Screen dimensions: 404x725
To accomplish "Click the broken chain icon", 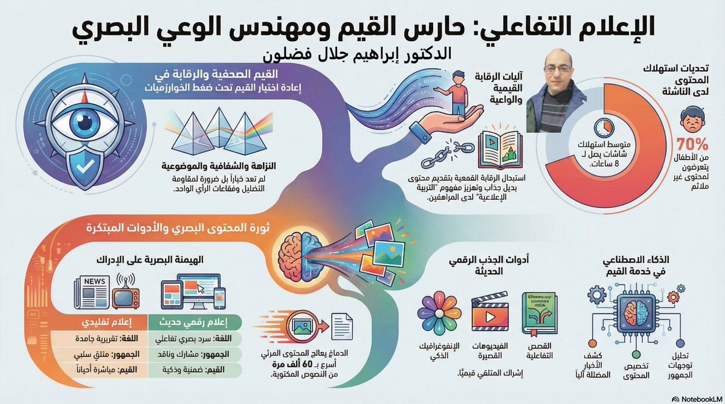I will [x=448, y=153].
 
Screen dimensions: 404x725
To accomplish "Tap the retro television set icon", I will [x=126, y=294].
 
